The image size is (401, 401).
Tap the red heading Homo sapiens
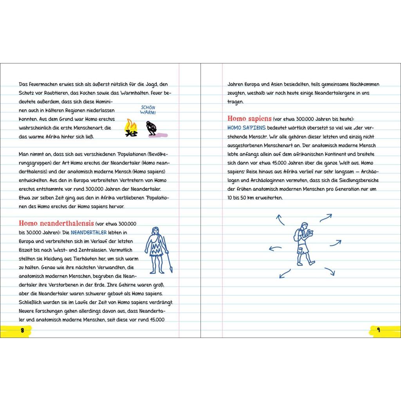pyautogui.click(x=249, y=119)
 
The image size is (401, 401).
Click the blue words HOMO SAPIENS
pyautogui.click(x=246, y=128)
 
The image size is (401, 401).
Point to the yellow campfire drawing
pyautogui.click(x=131, y=128)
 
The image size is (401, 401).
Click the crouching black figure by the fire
pyautogui.click(x=150, y=128)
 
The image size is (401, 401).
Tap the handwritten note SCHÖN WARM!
pyautogui.click(x=148, y=110)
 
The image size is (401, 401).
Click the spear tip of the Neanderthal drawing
pyautogui.click(x=171, y=269)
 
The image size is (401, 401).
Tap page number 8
pyautogui.click(x=22, y=330)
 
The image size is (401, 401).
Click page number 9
pyautogui.click(x=378, y=330)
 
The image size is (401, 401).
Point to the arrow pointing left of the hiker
pyautogui.click(x=275, y=248)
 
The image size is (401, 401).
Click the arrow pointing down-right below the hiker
pyautogui.click(x=330, y=271)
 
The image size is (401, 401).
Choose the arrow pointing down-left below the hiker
pyautogui.click(x=285, y=273)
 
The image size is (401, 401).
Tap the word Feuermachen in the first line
pyautogui.click(x=44, y=84)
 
